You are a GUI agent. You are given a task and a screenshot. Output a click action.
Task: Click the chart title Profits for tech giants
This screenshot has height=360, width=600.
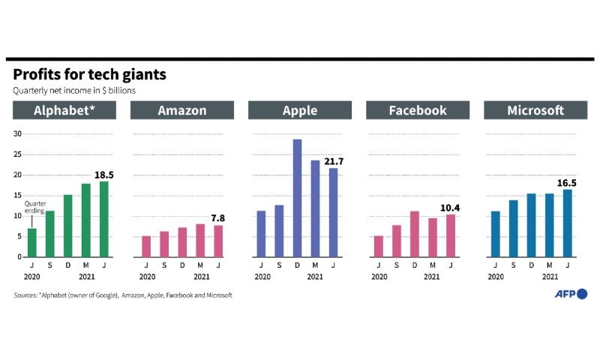point(89,75)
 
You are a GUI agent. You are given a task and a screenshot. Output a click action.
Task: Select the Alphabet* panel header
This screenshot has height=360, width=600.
point(64,110)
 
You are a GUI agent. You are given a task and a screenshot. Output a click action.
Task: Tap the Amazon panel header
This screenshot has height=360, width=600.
point(182,110)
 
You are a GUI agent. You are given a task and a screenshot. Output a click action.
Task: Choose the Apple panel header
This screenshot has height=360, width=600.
point(300,110)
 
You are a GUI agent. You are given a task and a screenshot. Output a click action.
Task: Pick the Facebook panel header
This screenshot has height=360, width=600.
point(418,110)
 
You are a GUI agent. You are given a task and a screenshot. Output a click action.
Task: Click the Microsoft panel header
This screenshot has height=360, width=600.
point(535,110)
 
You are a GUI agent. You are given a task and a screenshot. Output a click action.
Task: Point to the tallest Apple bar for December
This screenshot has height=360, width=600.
point(297,198)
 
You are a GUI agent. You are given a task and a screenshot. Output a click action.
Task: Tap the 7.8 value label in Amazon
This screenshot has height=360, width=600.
point(217,218)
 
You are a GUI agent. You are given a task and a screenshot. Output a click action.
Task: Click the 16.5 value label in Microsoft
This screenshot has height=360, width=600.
point(570,182)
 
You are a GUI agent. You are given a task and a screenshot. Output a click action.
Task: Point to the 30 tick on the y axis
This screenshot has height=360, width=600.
point(17,134)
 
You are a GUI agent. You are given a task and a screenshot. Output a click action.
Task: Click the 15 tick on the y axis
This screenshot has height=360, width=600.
point(17,196)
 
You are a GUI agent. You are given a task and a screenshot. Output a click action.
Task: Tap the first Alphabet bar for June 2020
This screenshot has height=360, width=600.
point(32,242)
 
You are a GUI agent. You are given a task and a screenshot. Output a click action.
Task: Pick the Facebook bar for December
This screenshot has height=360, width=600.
point(415,234)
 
